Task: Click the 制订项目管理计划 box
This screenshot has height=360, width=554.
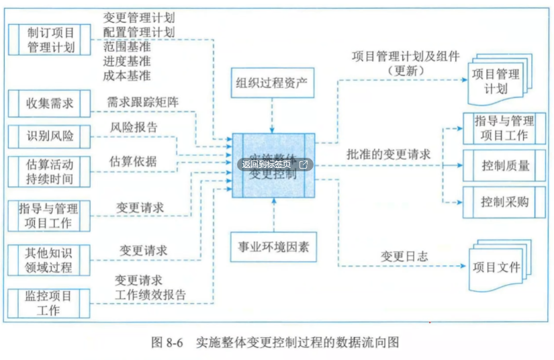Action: [51, 40]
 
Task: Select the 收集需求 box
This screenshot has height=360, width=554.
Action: [51, 104]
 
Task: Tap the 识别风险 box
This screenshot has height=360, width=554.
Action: [51, 137]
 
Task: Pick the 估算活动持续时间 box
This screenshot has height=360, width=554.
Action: [51, 171]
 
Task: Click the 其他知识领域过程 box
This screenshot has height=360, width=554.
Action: [51, 260]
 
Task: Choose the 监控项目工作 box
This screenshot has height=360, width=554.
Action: [51, 302]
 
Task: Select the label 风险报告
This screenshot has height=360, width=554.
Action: [134, 127]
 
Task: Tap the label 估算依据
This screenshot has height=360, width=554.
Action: [134, 161]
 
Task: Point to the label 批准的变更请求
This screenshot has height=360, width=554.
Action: [389, 153]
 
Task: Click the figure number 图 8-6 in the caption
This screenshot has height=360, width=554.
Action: [169, 343]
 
